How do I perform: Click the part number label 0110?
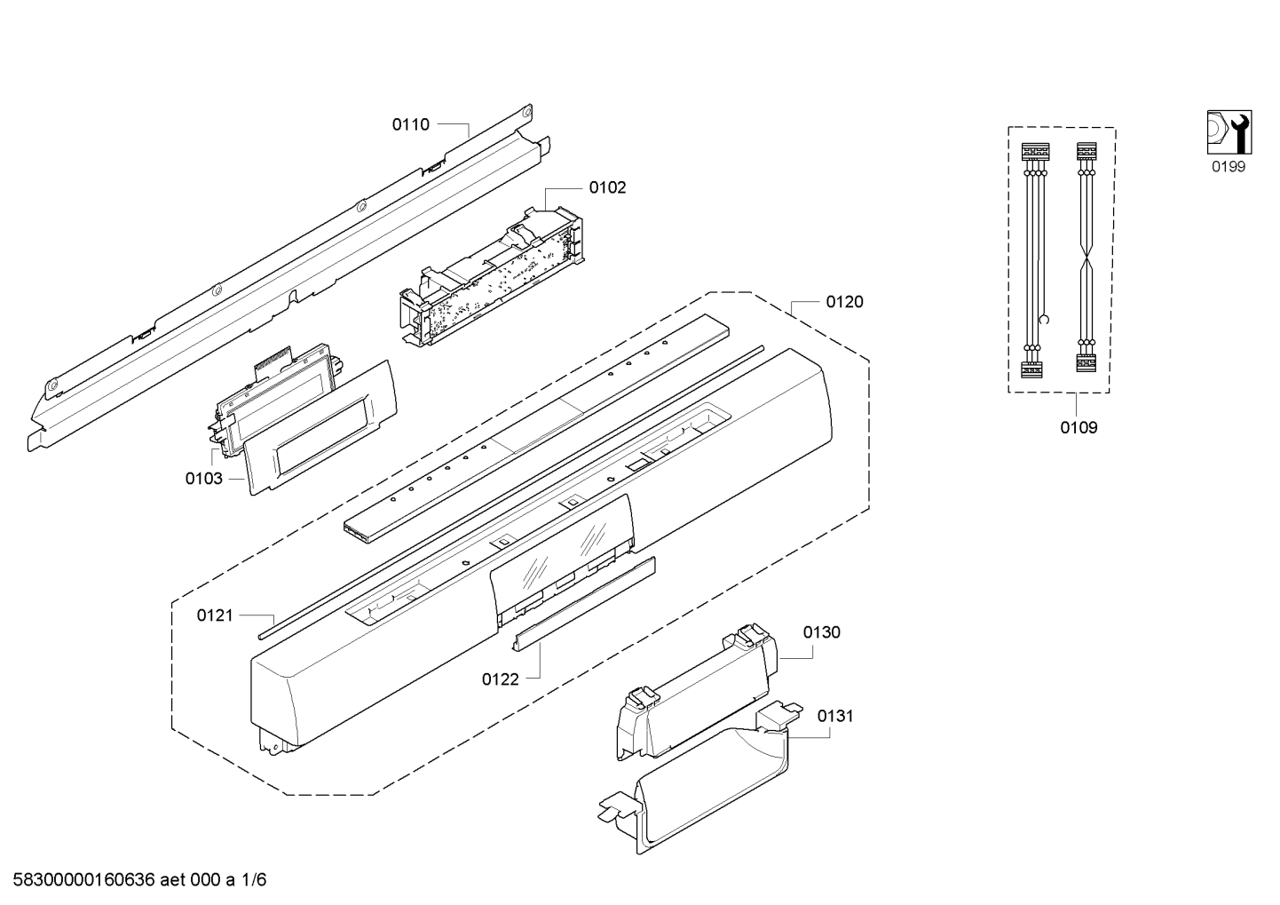coord(410,125)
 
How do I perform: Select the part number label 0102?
coord(607,187)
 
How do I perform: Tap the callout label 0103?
coord(203,479)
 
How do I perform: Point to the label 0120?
coord(844,302)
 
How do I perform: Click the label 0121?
coord(215,615)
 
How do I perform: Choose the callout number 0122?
coord(500,679)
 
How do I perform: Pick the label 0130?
coord(821,632)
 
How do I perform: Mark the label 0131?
coord(834,715)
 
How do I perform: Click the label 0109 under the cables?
coord(1079,427)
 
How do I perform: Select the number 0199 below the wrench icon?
coord(1229,167)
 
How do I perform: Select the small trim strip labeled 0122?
coord(586,602)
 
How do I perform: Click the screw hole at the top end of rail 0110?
coord(525,113)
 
